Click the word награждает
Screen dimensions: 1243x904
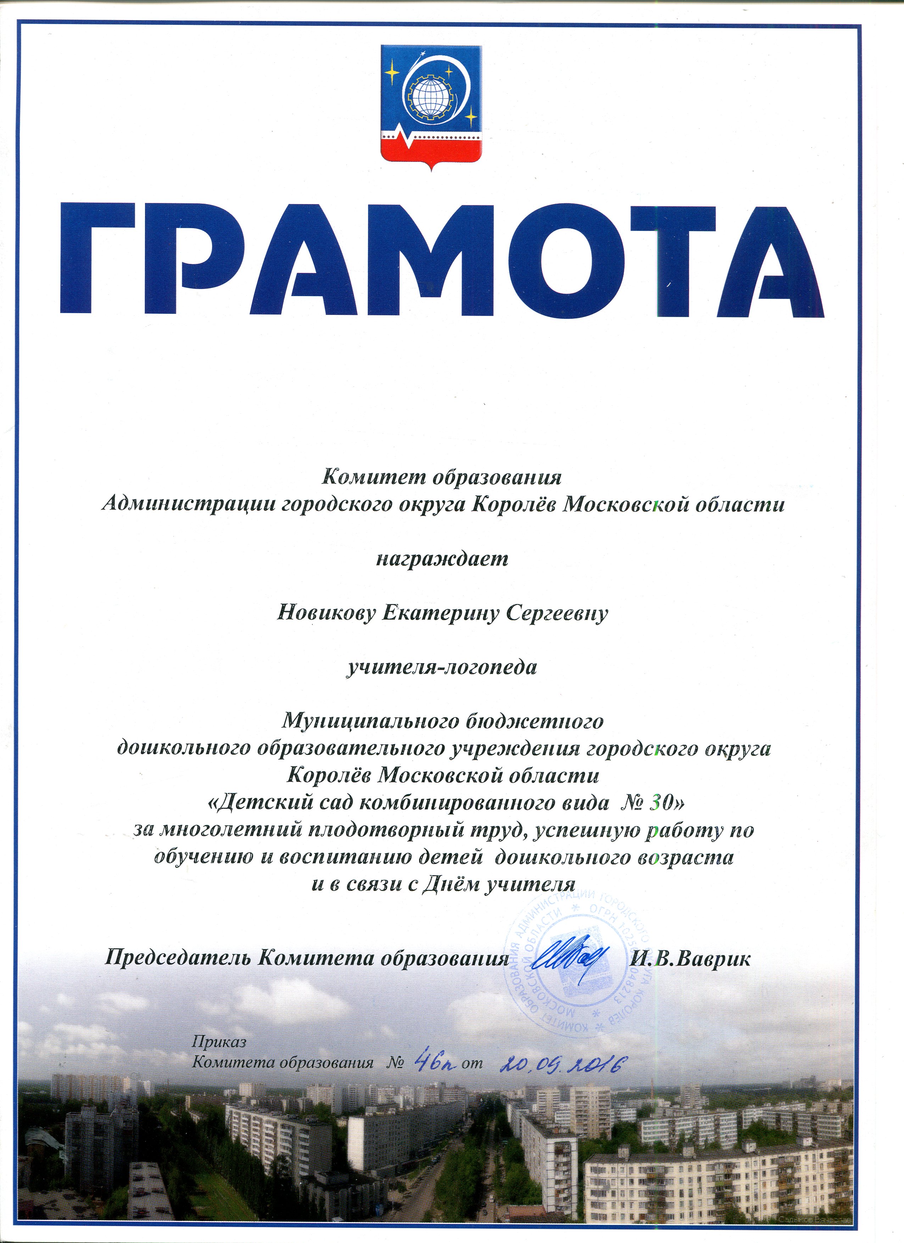[442, 559]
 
